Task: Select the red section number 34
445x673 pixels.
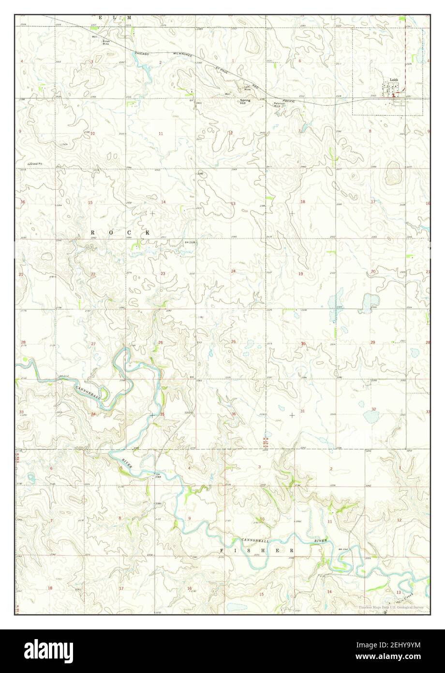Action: (x=92, y=414)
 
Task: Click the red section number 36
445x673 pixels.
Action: (x=234, y=414)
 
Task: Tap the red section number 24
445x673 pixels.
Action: (x=233, y=271)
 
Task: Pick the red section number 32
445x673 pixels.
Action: (x=373, y=410)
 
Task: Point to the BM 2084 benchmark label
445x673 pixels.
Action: (x=158, y=475)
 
